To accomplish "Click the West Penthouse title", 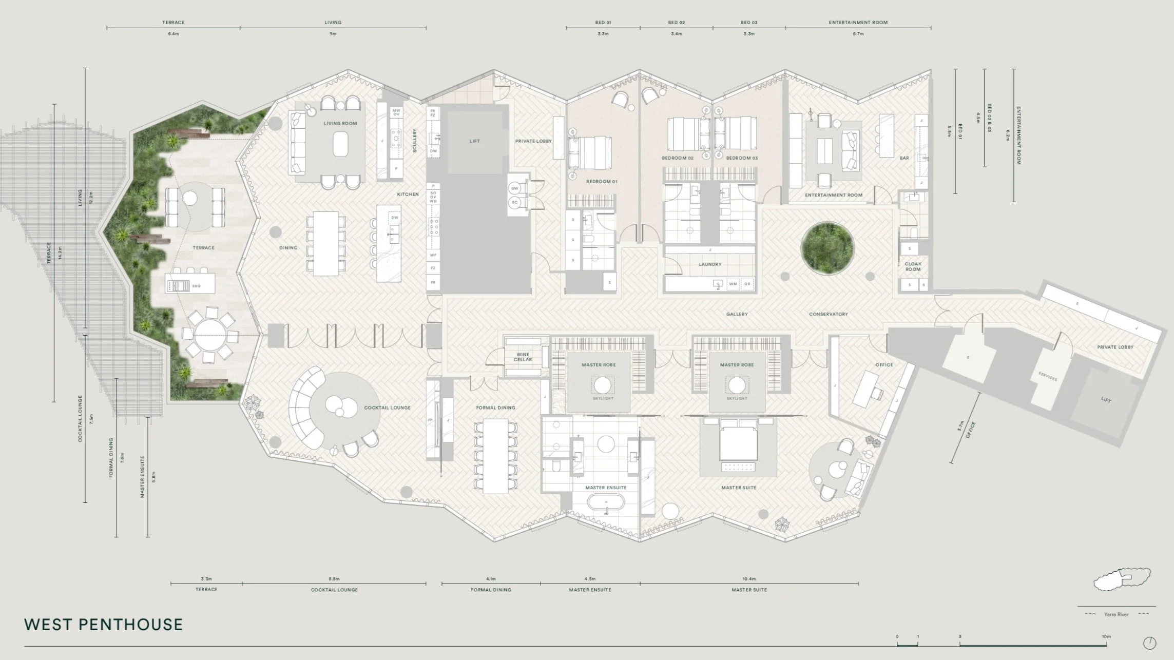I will click(103, 625).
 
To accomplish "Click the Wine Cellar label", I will click(523, 357).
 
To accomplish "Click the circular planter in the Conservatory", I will click(827, 247).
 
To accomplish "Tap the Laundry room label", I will click(710, 264).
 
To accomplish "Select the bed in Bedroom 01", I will click(590, 152).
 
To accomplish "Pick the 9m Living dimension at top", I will click(333, 34).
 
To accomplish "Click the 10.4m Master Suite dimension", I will click(749, 579).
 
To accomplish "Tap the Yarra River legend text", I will click(1115, 614).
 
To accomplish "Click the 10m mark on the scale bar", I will click(1106, 637).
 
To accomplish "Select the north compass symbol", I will click(1150, 643).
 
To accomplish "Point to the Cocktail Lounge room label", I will click(387, 407).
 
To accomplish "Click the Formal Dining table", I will click(495, 456).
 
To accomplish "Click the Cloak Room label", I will click(913, 266).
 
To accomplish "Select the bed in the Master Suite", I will click(738, 440).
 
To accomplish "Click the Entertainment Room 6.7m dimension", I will click(858, 34).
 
